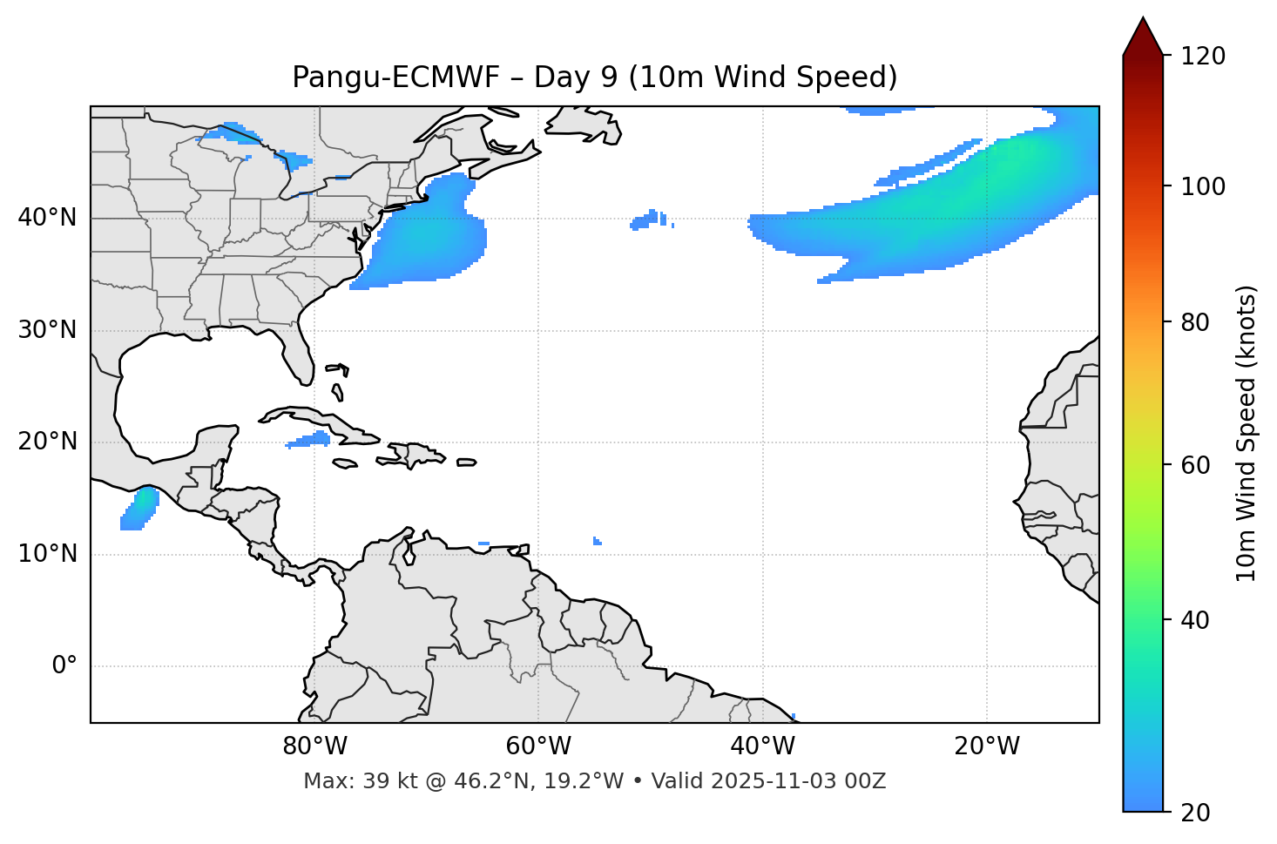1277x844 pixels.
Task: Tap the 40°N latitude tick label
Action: [47, 218]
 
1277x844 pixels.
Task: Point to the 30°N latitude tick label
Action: [47, 330]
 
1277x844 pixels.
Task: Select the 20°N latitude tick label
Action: [47, 442]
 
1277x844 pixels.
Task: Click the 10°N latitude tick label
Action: [47, 554]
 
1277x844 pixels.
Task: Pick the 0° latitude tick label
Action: [64, 666]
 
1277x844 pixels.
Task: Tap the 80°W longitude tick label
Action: [314, 746]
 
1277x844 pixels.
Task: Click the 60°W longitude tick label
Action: [538, 746]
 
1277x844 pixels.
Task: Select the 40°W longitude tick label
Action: [762, 746]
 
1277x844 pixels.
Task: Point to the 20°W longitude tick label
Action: [986, 746]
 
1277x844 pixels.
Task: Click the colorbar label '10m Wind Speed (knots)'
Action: [1247, 434]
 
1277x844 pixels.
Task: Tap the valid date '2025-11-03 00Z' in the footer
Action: [798, 781]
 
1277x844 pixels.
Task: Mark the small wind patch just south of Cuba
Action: [309, 440]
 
